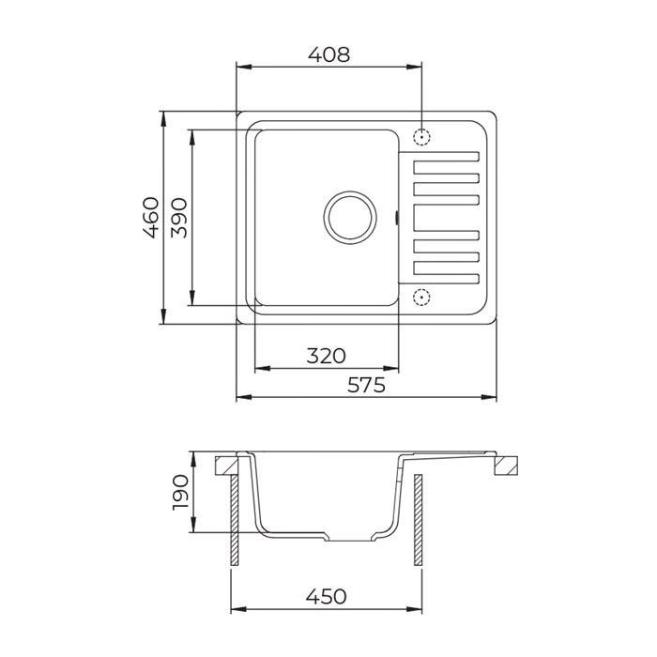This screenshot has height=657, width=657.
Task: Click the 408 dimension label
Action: pyautogui.click(x=328, y=54)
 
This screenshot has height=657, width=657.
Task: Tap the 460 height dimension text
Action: pyautogui.click(x=151, y=218)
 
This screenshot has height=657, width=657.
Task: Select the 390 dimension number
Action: pyautogui.click(x=179, y=218)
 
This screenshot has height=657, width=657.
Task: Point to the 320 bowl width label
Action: pyautogui.click(x=327, y=356)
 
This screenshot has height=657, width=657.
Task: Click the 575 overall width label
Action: pyautogui.click(x=366, y=385)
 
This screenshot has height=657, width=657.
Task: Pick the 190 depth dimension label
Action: pyautogui.click(x=181, y=492)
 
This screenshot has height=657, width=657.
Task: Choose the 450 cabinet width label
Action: pyautogui.click(x=326, y=596)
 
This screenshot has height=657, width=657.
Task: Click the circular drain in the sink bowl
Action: pyautogui.click(x=350, y=218)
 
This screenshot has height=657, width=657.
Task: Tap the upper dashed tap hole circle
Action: pyautogui.click(x=421, y=137)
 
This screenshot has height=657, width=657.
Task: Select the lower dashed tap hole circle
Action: pyautogui.click(x=421, y=298)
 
